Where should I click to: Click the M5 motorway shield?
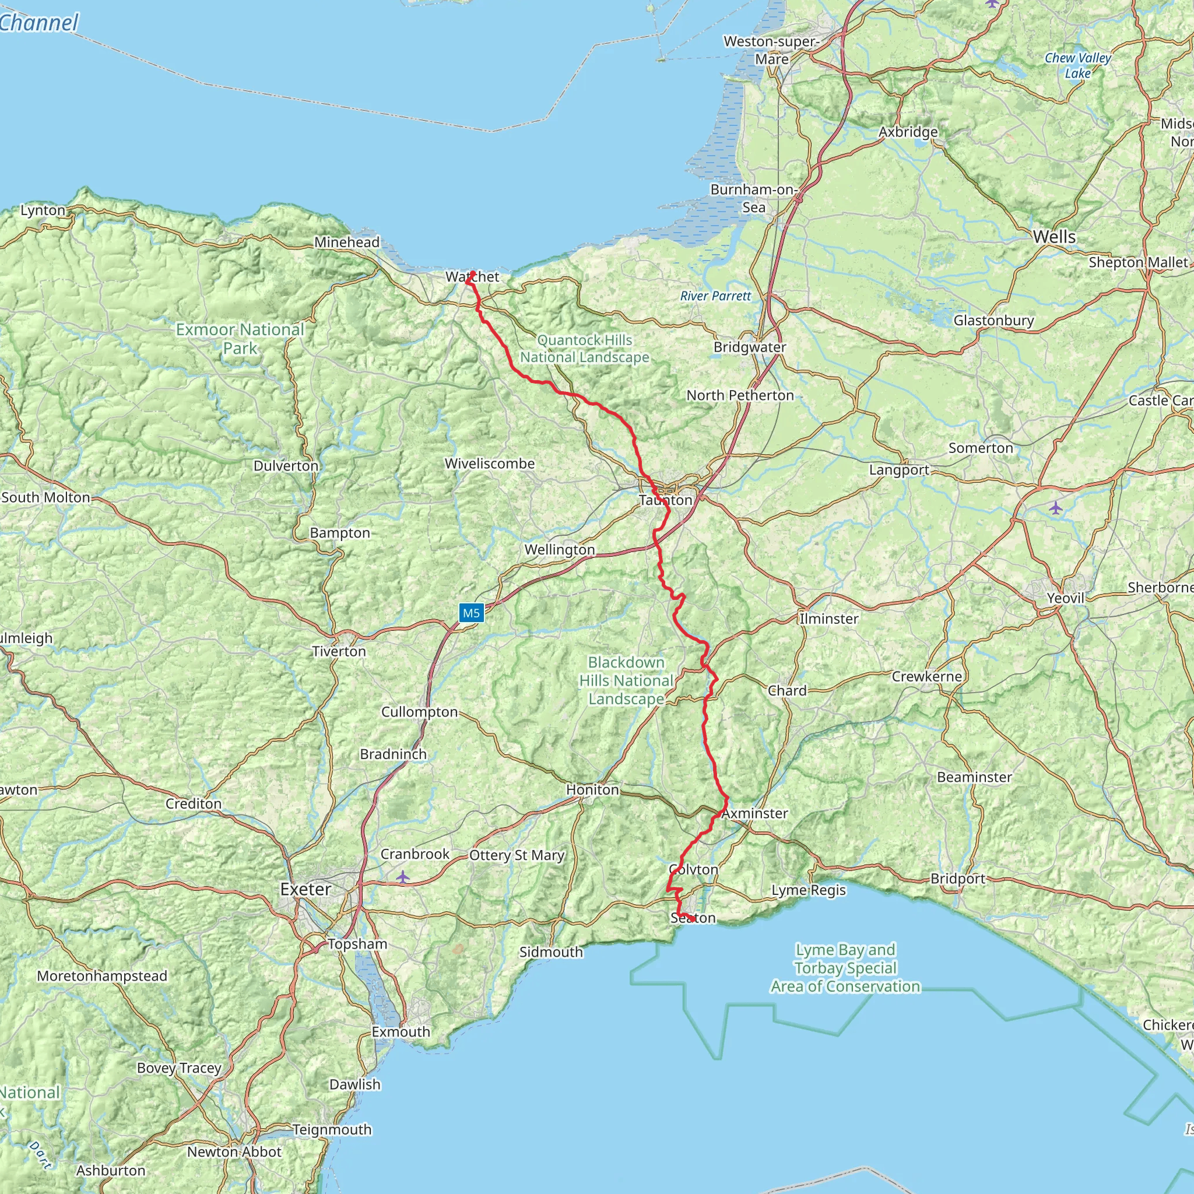pyautogui.click(x=471, y=613)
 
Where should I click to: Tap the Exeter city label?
pyautogui.click(x=305, y=889)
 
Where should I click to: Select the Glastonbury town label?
pyautogui.click(x=993, y=320)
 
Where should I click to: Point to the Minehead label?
pyautogui.click(x=347, y=243)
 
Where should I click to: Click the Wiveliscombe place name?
pyautogui.click(x=490, y=463)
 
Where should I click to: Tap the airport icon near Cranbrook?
pyautogui.click(x=403, y=876)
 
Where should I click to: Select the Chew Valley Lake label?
pyautogui.click(x=1077, y=65)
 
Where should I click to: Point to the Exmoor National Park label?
pyautogui.click(x=240, y=339)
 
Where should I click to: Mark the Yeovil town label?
pyautogui.click(x=1066, y=598)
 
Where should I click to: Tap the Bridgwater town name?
pyautogui.click(x=749, y=347)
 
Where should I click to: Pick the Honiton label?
pyautogui.click(x=592, y=789)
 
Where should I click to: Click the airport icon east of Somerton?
pyautogui.click(x=1056, y=508)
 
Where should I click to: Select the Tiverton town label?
pyautogui.click(x=339, y=651)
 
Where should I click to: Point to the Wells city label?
pyautogui.click(x=1053, y=237)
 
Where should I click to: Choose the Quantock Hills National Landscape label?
pyautogui.click(x=585, y=349)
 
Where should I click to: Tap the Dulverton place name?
pyautogui.click(x=286, y=465)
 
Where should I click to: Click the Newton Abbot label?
pyautogui.click(x=234, y=1152)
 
